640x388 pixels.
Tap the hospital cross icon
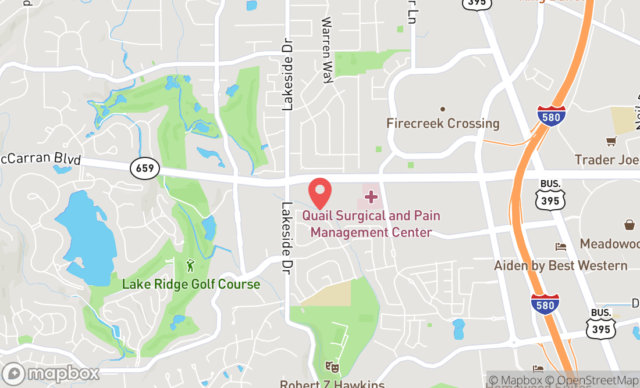tap(371, 197)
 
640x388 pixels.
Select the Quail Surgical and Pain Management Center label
tap(371, 224)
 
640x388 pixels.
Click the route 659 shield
tap(144, 168)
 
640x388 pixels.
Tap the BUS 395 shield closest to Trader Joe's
tap(550, 194)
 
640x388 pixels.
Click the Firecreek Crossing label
tap(443, 124)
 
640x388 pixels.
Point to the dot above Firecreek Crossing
tap(443, 109)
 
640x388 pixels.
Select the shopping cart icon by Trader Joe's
tap(611, 141)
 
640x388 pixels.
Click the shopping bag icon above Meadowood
tap(630, 225)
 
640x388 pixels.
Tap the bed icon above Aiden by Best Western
tap(560, 247)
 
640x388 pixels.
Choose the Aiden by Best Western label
tap(560, 266)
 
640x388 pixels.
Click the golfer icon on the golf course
tap(190, 265)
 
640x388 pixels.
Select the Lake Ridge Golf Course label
tap(191, 285)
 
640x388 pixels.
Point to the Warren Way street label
tap(327, 51)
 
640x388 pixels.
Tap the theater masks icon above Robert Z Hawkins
tap(332, 367)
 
